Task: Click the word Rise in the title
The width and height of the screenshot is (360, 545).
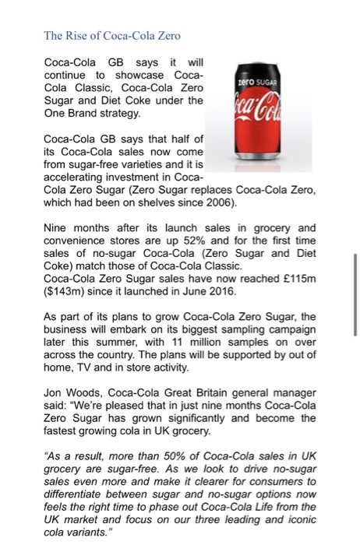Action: click(x=76, y=34)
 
